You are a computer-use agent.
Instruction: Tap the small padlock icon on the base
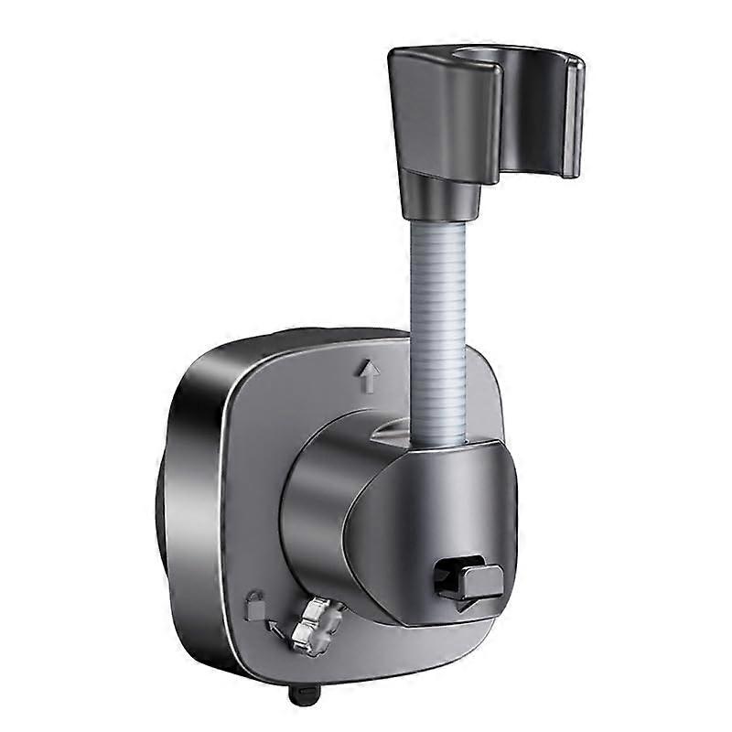click(x=253, y=605)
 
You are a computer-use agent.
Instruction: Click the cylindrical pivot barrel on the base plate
click(x=316, y=512)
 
